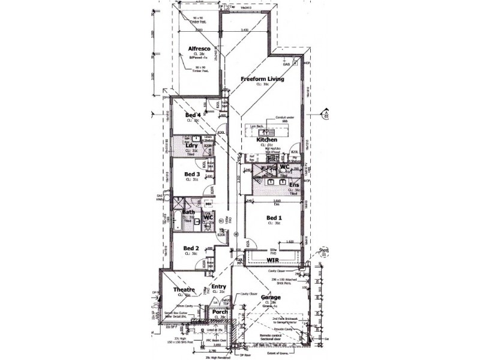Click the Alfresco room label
(198, 48)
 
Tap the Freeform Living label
(262, 79)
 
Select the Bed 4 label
(192, 115)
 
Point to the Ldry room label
(191, 146)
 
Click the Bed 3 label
(192, 174)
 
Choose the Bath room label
(188, 212)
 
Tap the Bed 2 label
(191, 248)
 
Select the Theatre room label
(185, 290)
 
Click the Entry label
(218, 287)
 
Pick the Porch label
(220, 312)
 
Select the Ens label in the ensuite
(294, 185)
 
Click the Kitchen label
(267, 139)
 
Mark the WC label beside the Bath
(208, 217)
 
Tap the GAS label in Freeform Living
(295, 63)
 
